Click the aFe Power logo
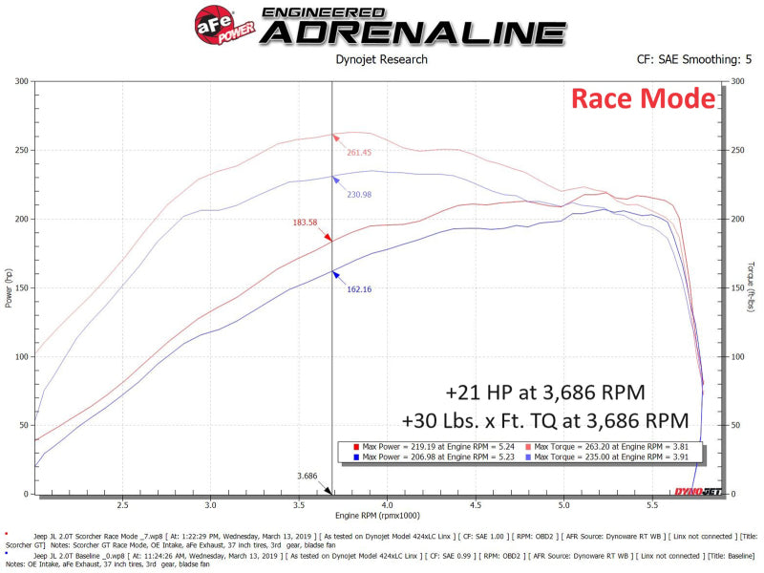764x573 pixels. (225, 25)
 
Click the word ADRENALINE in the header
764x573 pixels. (413, 32)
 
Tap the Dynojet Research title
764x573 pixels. (382, 60)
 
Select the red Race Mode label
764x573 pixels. (642, 98)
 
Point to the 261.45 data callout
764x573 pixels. (359, 153)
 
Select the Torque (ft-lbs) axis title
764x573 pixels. (753, 286)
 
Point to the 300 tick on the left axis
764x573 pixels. (20, 81)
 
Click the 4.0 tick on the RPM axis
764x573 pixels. (387, 505)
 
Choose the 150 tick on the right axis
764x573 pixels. (736, 288)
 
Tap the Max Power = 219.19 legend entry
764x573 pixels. (431, 446)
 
